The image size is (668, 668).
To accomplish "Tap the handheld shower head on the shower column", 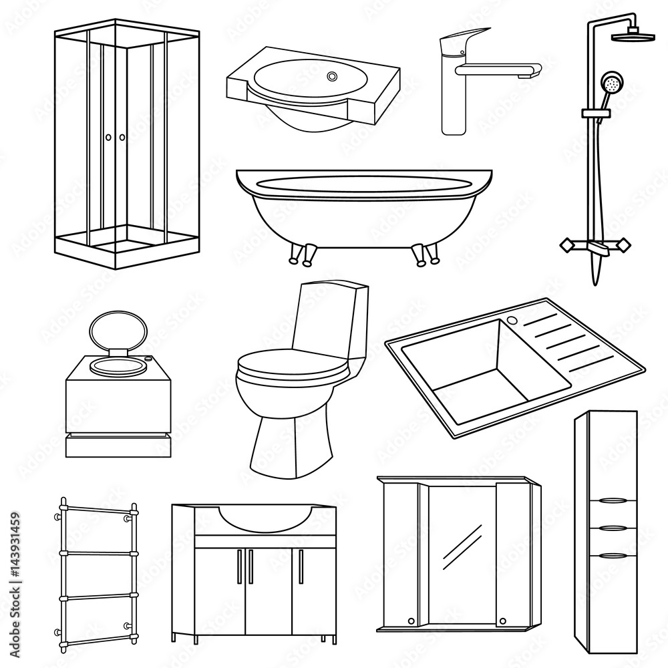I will coord(609,84).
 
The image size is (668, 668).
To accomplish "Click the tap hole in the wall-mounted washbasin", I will coord(332,77).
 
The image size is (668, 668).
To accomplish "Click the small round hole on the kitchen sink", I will coord(512,321).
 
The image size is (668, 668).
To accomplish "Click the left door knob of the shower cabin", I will coord(108,137).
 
